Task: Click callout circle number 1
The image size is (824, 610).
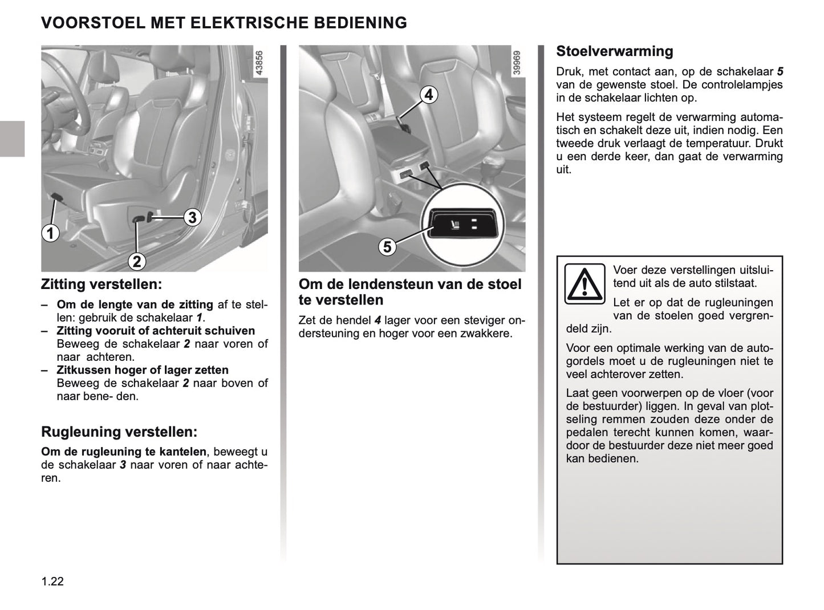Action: coord(50,233)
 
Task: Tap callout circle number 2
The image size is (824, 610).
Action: coord(137,261)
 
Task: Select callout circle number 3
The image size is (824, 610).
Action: coord(192,217)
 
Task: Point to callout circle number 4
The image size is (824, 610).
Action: coord(428,94)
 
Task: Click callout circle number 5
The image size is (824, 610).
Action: coord(387,247)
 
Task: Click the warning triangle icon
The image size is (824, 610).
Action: coord(584,283)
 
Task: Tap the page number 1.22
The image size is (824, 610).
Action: coord(52,581)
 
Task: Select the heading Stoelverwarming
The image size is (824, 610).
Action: coord(614,51)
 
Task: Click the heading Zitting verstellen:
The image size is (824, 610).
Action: coord(102,284)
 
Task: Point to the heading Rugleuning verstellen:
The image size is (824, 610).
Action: coord(119,432)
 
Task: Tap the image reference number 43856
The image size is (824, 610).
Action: coord(259,63)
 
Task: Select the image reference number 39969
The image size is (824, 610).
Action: coord(517,63)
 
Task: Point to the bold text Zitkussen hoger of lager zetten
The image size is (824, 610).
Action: coord(142,370)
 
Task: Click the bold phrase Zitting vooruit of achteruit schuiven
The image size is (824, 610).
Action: coord(155,331)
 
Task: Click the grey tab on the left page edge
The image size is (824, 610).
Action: coord(12,139)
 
